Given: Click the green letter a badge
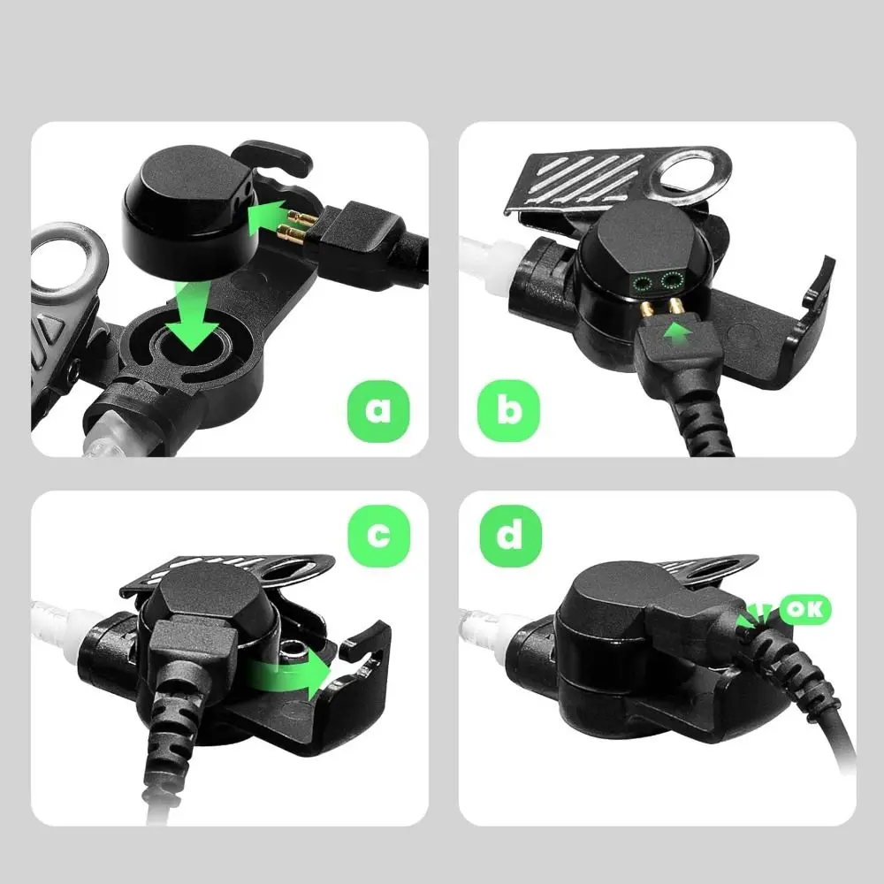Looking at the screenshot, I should (x=377, y=409).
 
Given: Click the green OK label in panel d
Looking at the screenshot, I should (x=805, y=609).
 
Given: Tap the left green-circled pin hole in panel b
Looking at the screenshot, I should (x=643, y=283).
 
